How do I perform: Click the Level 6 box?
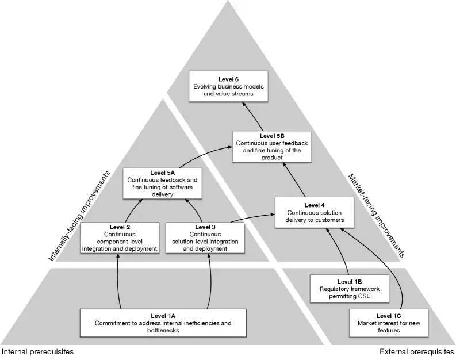point(228,86)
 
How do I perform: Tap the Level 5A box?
point(163,183)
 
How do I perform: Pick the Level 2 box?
point(119,238)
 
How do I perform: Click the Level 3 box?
point(205,238)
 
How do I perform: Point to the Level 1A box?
point(163,324)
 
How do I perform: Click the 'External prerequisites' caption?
point(417,351)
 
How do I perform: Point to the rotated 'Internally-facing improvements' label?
point(79,217)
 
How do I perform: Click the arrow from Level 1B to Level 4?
point(340,251)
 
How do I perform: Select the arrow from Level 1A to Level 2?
point(119,282)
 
